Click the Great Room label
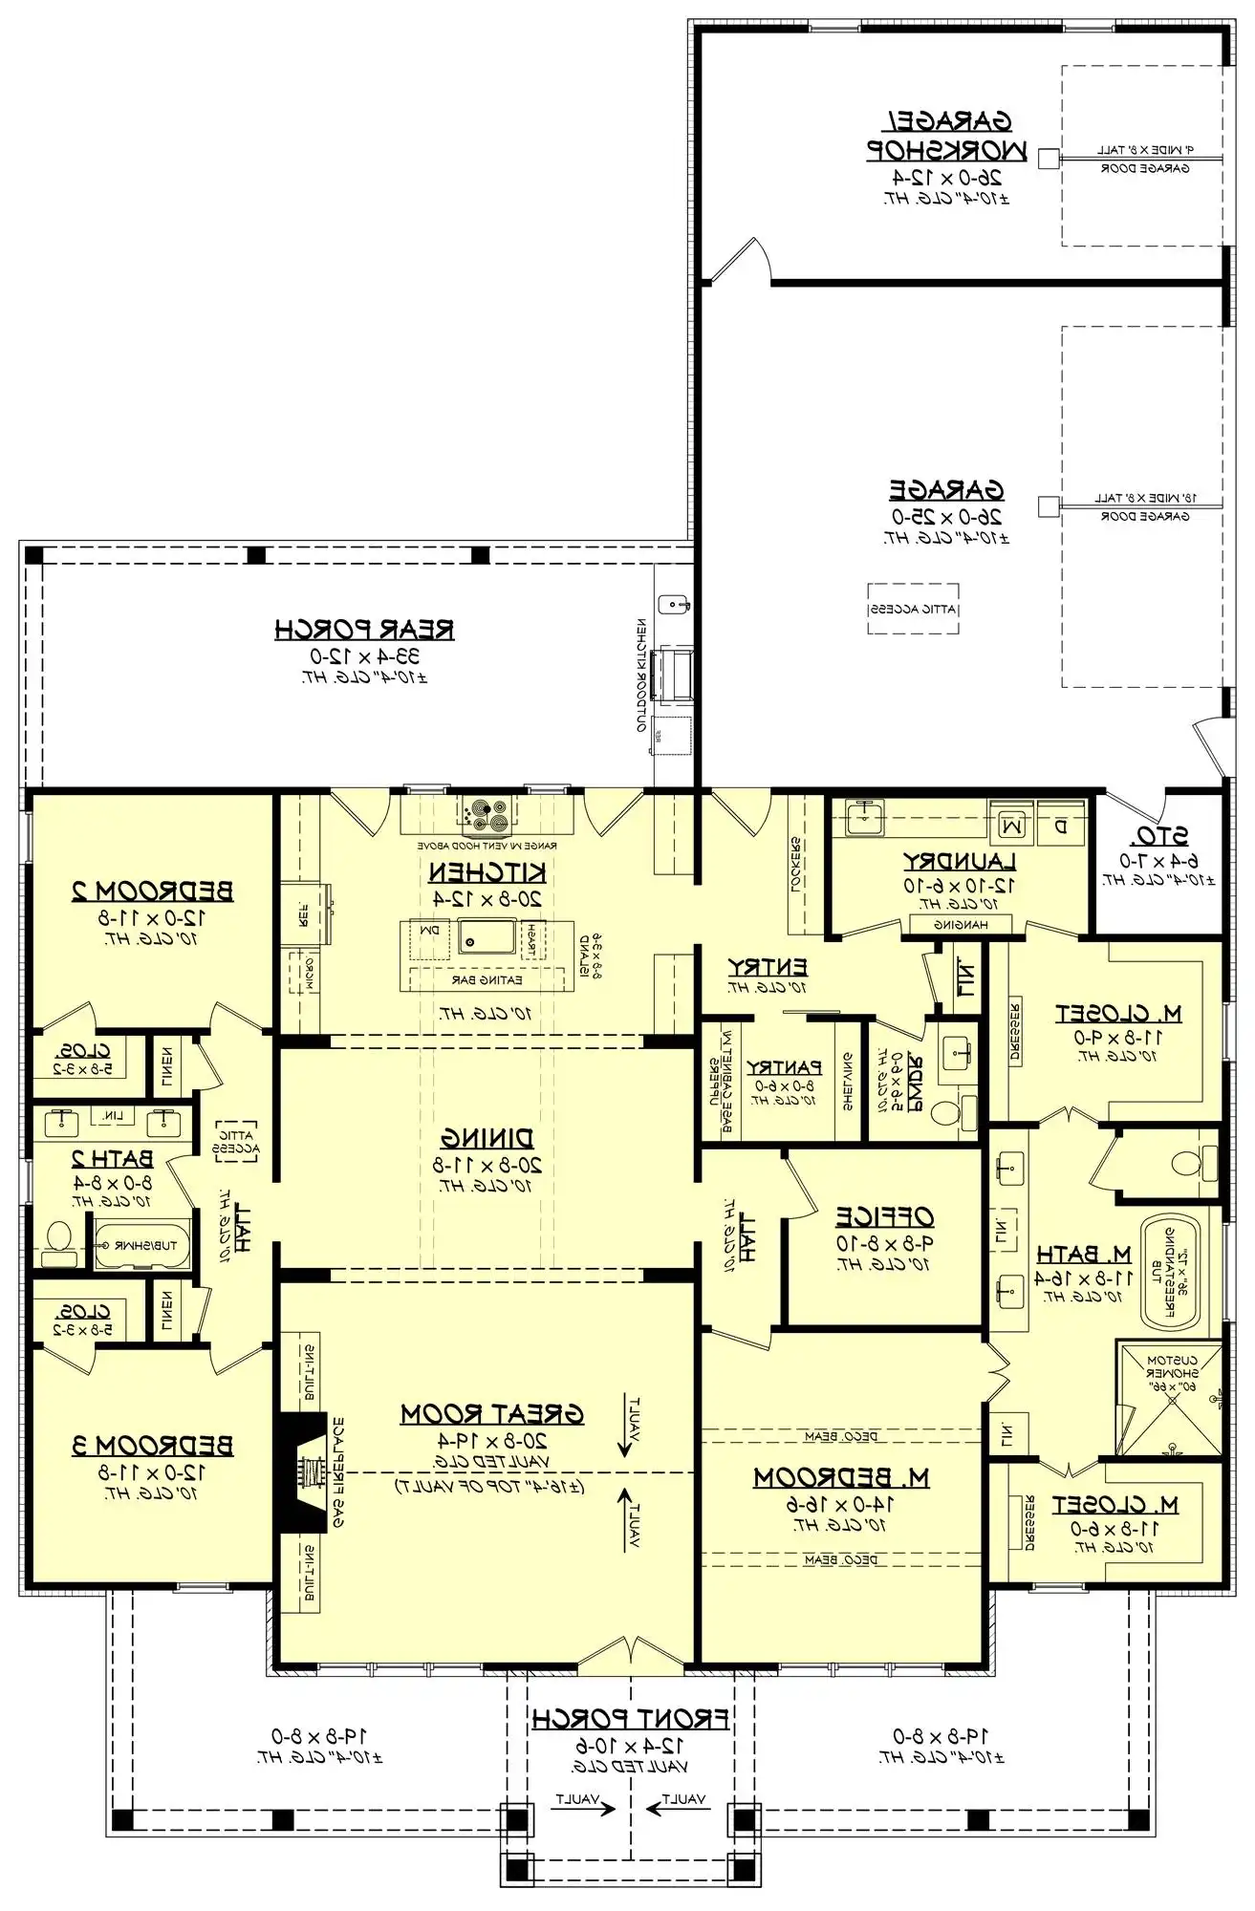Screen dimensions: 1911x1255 point(491,1414)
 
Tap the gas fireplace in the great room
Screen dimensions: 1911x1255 point(304,1472)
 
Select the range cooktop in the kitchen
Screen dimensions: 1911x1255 point(487,814)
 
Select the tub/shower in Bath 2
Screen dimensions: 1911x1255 point(142,1246)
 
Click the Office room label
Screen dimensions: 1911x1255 point(885,1216)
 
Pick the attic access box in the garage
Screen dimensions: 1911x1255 point(913,609)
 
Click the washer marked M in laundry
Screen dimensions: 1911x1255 point(1013,825)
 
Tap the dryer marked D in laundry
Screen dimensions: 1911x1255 point(1061,825)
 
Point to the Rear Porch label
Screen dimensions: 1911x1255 point(364,630)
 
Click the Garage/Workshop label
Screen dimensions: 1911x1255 point(946,136)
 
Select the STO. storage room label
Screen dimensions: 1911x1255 point(1159,837)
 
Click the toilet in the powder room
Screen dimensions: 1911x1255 point(948,1114)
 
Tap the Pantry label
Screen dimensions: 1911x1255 point(784,1067)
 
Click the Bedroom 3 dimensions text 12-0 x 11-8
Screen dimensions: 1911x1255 point(153,1472)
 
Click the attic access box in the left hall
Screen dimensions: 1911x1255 point(235,1141)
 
